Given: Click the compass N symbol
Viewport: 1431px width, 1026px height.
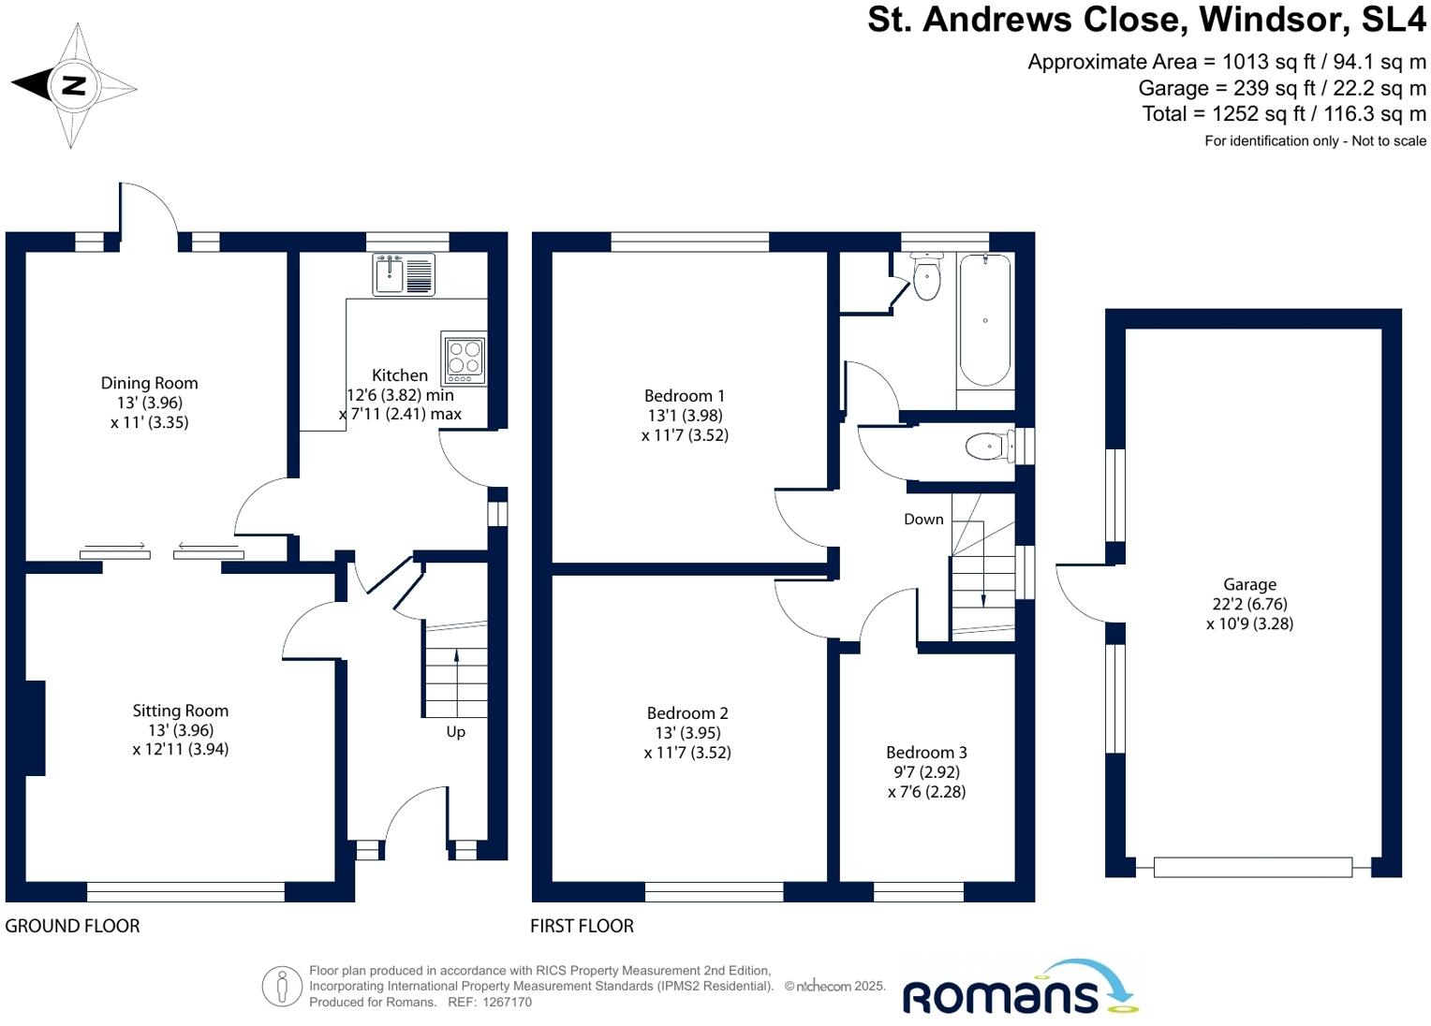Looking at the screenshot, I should (73, 86).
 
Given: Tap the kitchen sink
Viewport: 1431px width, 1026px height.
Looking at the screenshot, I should (404, 274).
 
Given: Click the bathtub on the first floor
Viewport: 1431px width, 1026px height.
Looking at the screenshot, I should (985, 320).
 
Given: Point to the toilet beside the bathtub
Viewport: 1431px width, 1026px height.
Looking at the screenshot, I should (926, 277).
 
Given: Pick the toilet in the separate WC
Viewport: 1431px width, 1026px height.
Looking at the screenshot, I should (987, 447).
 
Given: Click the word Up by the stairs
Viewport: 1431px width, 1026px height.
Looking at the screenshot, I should (455, 732).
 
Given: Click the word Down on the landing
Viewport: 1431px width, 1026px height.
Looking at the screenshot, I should (923, 520).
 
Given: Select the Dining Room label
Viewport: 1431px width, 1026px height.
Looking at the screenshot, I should (150, 383).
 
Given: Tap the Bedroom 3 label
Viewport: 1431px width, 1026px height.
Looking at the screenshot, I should (926, 753).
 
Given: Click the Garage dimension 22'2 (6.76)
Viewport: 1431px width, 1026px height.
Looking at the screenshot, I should (1249, 604).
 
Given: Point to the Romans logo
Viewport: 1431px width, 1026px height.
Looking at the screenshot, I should (1019, 990).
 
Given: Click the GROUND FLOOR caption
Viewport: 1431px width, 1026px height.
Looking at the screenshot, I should (72, 926).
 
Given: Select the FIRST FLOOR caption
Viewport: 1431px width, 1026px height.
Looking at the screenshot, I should (582, 926).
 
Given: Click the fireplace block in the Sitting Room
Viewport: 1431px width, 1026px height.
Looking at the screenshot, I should (35, 727).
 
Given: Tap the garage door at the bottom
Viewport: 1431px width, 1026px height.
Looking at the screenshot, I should (1252, 868).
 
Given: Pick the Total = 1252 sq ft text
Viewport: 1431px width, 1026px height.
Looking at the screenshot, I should (1283, 114).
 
